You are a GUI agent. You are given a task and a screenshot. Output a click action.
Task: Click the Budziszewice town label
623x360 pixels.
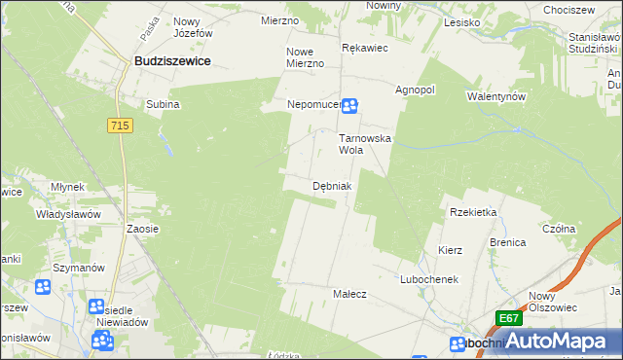pyautogui.click(x=173, y=60)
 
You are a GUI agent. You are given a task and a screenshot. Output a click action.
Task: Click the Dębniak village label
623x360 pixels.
pyautogui.click(x=331, y=186)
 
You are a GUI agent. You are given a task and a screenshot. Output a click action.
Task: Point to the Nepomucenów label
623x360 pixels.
pyautogui.click(x=313, y=104)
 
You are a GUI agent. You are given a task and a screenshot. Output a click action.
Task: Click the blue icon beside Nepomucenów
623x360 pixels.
pyautogui.click(x=349, y=106)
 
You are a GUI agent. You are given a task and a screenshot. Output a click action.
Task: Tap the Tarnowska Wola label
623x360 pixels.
pyautogui.click(x=364, y=144)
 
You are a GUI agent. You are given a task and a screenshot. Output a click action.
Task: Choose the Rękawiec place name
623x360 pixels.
pyautogui.click(x=365, y=47)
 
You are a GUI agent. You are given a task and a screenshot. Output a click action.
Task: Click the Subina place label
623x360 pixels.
pyautogui.click(x=163, y=104)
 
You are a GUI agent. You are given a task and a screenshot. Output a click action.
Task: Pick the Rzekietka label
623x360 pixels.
pyautogui.click(x=473, y=212)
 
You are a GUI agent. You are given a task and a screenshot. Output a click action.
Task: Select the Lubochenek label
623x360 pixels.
pyautogui.click(x=428, y=279)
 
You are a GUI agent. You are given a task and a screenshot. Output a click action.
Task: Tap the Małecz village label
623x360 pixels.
pyautogui.click(x=349, y=294)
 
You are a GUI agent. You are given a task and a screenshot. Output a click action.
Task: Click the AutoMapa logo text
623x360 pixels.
pyautogui.click(x=568, y=342)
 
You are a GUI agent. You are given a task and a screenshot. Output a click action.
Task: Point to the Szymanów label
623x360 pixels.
pyautogui.click(x=79, y=268)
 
